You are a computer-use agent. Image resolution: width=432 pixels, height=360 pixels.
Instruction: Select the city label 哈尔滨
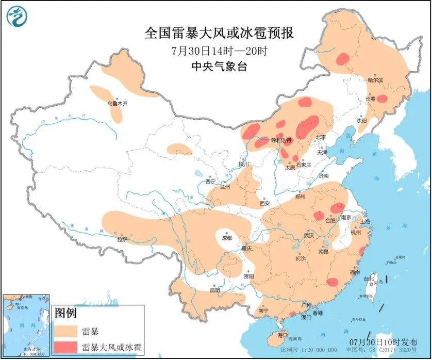[x=375, y=80]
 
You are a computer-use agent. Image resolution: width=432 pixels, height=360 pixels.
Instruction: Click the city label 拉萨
[x=122, y=239]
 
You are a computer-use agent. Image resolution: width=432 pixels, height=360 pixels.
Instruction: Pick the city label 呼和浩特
[x=281, y=140]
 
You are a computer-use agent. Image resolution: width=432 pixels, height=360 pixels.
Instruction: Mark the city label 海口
[x=283, y=335]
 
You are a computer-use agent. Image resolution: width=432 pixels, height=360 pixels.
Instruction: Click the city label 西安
[x=264, y=203]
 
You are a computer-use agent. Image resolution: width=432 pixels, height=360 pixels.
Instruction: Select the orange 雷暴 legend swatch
[x=67, y=331]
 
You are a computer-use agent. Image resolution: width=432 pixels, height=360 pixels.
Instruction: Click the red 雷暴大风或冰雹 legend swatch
[x=67, y=347]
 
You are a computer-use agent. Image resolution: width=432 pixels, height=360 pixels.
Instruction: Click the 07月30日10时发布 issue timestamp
[x=382, y=342]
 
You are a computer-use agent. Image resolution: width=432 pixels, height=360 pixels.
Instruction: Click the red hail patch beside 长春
[x=382, y=99]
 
